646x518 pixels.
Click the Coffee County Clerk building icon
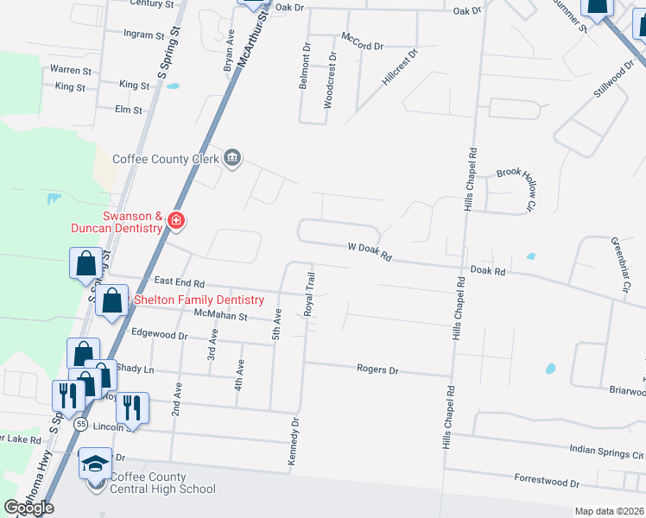point(232,158)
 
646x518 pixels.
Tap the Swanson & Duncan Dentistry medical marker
point(176,221)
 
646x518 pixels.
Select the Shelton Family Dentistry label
point(199,300)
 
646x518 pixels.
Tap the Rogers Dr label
point(377,369)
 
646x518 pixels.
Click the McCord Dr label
point(362,40)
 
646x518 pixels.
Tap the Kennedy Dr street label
point(294,445)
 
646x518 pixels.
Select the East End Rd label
point(180,282)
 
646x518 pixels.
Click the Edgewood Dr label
point(159,334)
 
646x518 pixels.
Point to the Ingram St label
point(143,35)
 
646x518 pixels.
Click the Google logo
point(28,507)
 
